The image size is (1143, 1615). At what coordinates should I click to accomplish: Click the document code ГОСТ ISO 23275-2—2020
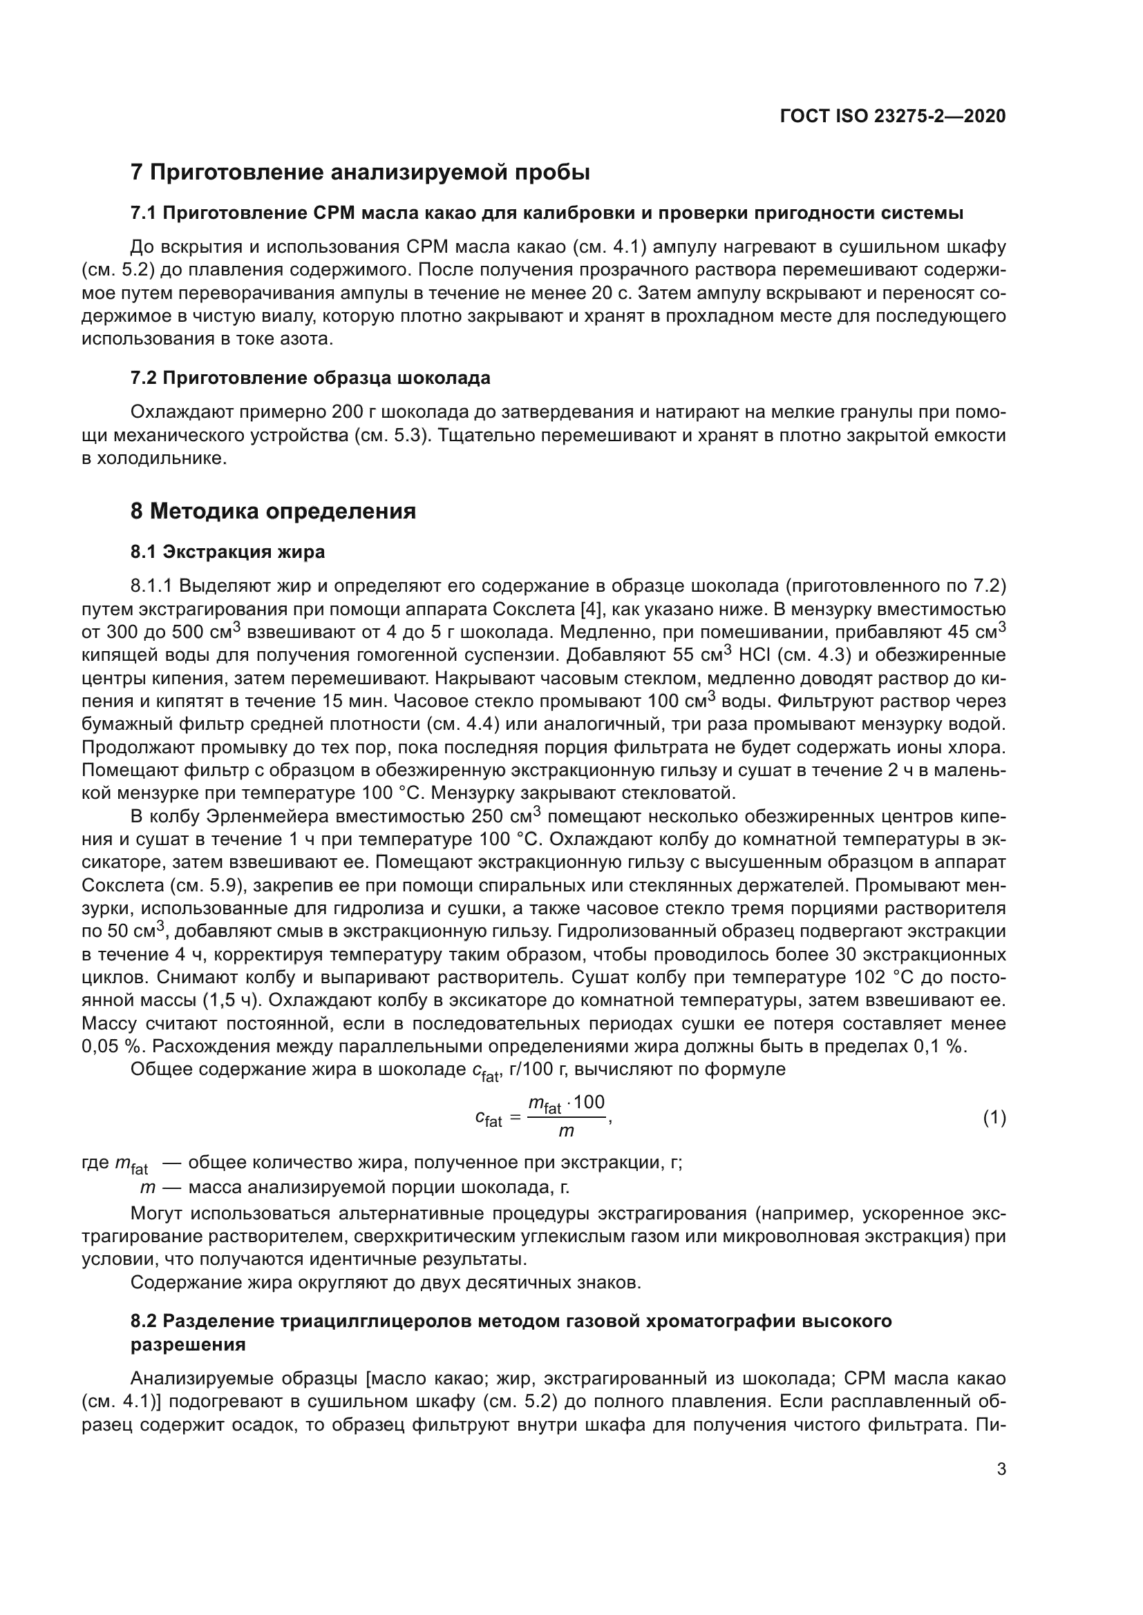[892, 116]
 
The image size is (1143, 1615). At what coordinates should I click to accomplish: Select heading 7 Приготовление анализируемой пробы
[359, 173]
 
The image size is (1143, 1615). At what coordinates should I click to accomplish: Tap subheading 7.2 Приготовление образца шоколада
[310, 378]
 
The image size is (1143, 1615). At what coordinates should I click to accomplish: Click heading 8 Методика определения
[273, 511]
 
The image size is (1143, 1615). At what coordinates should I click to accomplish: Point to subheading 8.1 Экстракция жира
[227, 552]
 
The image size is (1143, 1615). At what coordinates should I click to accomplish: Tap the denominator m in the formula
[565, 1132]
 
